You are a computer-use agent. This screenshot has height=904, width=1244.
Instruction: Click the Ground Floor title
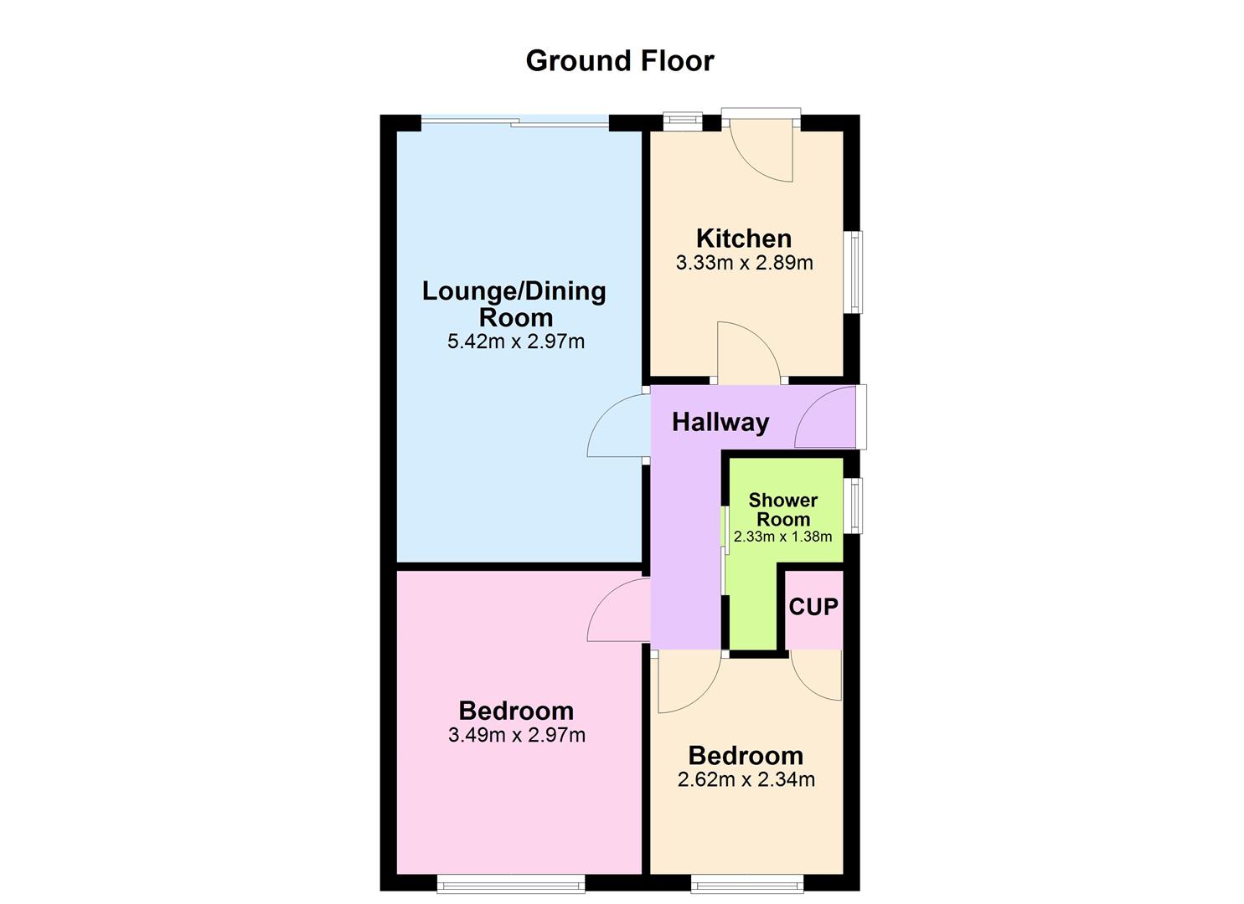point(619,61)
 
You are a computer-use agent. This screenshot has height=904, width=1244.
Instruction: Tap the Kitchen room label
point(743,238)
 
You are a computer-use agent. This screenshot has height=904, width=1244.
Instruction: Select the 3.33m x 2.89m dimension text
point(744,263)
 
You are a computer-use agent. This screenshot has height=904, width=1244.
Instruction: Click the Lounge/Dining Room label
point(514,304)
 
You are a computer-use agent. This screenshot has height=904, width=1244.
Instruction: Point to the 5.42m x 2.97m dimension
point(516,342)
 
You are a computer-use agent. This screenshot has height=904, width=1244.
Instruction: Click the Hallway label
point(720,422)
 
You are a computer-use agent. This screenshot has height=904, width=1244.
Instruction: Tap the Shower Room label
point(782,509)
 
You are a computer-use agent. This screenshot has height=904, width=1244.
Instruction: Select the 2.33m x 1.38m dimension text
point(782,537)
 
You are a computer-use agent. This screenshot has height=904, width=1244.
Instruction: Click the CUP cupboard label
point(813,606)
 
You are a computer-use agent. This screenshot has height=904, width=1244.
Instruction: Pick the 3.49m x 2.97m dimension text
point(516,736)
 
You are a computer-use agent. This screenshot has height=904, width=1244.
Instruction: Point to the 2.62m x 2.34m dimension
point(746,780)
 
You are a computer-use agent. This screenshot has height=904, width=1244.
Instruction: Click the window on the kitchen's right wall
point(854,272)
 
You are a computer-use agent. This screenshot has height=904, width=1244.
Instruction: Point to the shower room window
point(854,505)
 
